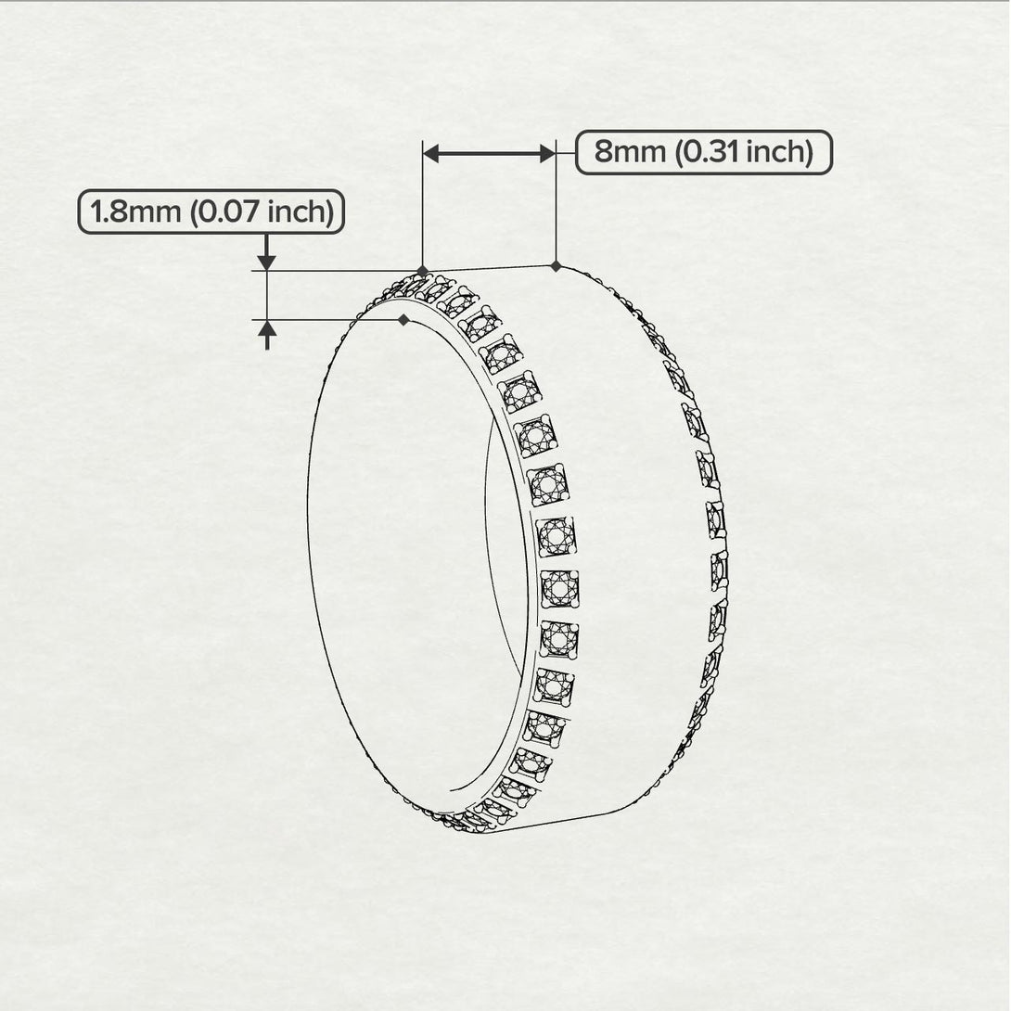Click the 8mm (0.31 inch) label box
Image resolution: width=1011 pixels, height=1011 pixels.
[704, 152]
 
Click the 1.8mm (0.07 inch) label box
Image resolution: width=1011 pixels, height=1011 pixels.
[211, 212]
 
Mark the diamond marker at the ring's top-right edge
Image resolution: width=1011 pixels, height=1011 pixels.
[556, 266]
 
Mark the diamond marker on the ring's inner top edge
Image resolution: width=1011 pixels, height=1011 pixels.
[403, 320]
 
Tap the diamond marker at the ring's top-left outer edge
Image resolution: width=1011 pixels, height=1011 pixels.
[423, 271]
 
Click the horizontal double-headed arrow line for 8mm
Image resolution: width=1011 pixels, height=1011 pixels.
[489, 155]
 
